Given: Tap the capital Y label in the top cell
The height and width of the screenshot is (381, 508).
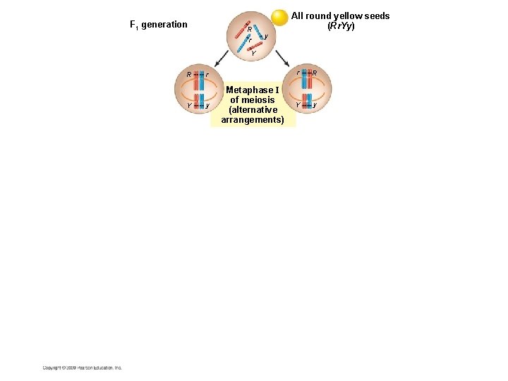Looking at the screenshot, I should (253, 53).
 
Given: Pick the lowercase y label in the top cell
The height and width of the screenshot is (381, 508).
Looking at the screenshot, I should (265, 36).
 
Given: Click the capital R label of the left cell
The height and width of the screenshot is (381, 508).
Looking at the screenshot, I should (188, 74).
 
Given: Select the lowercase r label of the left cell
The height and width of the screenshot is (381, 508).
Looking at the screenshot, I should (206, 75).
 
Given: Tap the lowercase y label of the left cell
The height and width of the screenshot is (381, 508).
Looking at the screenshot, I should (206, 106).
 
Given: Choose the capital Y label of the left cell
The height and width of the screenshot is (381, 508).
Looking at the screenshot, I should (188, 106).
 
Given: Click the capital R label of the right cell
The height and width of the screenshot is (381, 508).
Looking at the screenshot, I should (315, 73).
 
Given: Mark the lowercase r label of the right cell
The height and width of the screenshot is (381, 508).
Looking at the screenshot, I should (297, 73).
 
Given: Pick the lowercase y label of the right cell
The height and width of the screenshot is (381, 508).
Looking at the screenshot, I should (315, 105).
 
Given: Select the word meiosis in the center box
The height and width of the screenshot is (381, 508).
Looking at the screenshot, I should (258, 100).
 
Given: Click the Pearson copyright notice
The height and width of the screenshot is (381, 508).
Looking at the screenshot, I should (83, 368).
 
